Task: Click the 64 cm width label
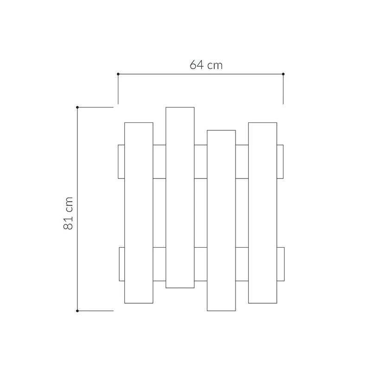[x=206, y=65]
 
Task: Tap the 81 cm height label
[x=68, y=213]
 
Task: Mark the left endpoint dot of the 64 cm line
[x=118, y=74]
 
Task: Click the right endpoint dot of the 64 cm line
[x=283, y=74]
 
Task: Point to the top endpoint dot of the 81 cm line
[x=77, y=107]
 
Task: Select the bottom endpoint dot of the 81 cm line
[x=77, y=311]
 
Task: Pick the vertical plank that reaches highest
[x=180, y=197]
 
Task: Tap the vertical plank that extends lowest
[x=221, y=220]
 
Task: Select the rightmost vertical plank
[x=262, y=212]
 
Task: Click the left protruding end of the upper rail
[x=121, y=162]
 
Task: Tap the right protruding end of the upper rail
[x=280, y=162]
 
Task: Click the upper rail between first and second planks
[x=159, y=162]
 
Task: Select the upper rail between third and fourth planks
[x=242, y=162]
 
